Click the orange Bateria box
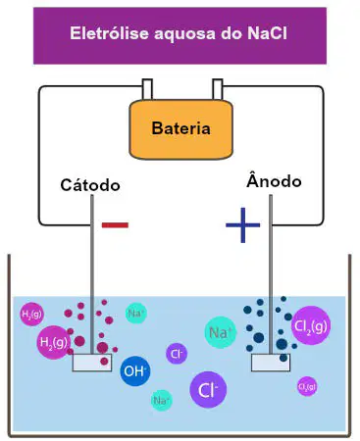point(180,129)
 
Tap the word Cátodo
point(90,185)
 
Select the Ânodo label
point(274,180)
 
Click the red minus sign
point(115,225)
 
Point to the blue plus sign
point(242,225)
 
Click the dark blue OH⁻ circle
point(135,371)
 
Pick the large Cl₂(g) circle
point(311,325)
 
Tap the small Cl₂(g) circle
point(307,386)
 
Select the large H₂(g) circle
point(54,342)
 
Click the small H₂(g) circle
point(31,315)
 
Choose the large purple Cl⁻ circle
point(208,389)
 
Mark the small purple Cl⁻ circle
point(177,354)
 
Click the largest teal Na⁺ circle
point(221,332)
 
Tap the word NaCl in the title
point(267,33)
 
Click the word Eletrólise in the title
point(109,33)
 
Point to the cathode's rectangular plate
point(92,363)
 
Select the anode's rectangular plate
point(271,363)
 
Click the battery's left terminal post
point(147,89)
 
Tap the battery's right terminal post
point(218,89)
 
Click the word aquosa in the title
point(185,34)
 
